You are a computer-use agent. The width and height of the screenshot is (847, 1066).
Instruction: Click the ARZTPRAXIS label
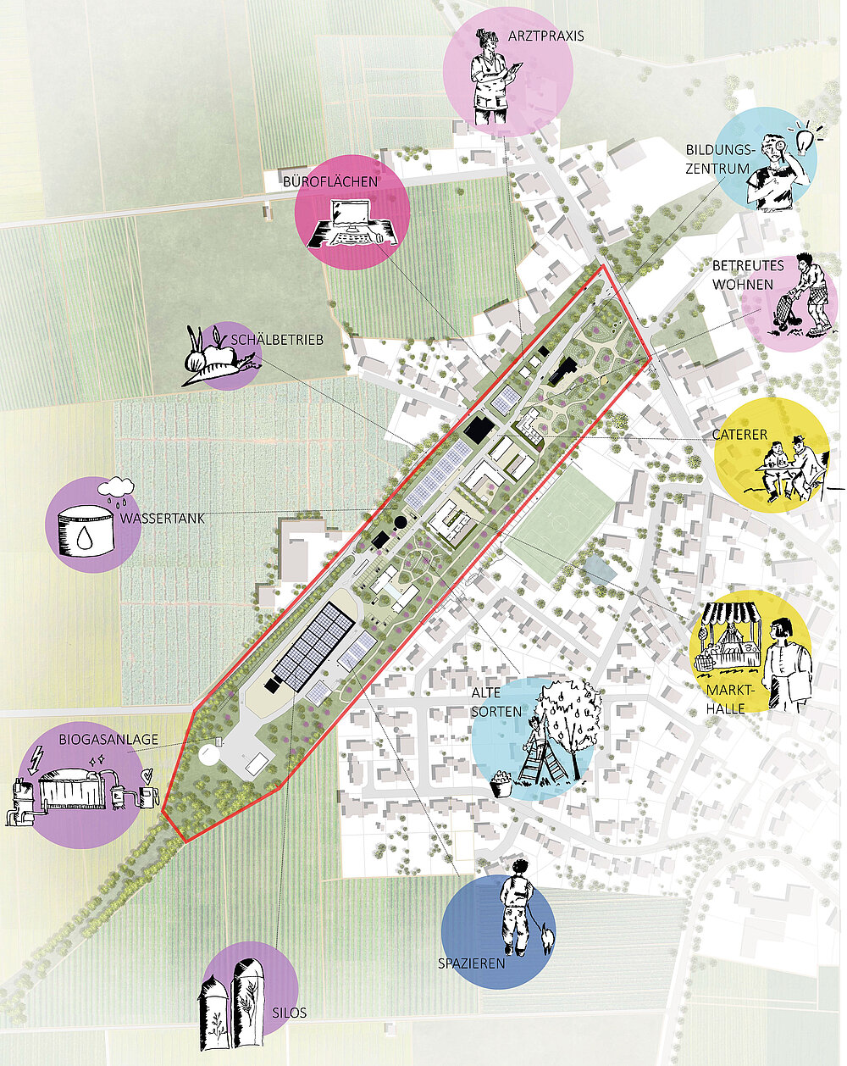546,36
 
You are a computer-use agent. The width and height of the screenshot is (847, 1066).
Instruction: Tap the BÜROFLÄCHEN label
329,182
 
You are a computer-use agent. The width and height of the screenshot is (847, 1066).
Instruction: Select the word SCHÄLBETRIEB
277,339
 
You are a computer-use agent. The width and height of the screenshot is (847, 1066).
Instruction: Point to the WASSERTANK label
162,519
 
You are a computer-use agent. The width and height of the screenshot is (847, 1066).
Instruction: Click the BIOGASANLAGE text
108,740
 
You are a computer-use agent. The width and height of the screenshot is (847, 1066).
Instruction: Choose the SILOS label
290,998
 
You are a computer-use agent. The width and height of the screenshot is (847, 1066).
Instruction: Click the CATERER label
740,435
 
